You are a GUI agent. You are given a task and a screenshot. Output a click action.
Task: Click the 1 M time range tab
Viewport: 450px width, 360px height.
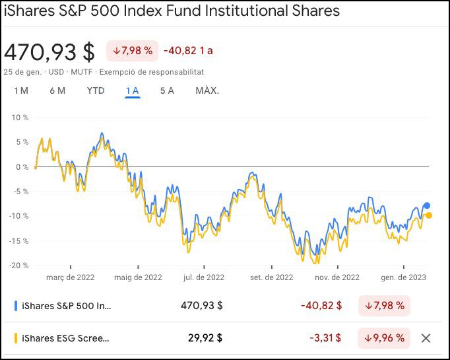click(21, 90)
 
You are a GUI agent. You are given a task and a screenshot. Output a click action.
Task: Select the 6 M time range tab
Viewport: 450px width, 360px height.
click(57, 90)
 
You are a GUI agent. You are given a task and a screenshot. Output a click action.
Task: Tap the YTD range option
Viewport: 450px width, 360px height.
click(96, 90)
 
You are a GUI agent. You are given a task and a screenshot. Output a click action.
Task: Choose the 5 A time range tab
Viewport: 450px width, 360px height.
click(167, 90)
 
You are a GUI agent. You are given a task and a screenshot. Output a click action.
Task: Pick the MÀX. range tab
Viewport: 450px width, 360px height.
click(207, 90)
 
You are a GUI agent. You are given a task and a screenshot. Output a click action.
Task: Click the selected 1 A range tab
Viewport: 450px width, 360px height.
click(132, 90)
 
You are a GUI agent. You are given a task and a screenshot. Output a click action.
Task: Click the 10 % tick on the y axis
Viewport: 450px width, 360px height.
click(20, 118)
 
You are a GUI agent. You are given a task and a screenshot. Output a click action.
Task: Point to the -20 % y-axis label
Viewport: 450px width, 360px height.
click(19, 266)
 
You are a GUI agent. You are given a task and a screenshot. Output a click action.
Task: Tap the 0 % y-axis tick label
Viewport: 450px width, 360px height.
click(22, 166)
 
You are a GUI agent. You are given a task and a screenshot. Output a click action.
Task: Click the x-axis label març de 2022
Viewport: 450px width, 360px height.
click(71, 278)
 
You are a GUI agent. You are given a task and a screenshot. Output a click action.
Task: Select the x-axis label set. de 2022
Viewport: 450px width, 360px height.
click(271, 278)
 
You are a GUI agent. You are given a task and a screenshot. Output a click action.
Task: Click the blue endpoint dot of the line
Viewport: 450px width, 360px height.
click(427, 205)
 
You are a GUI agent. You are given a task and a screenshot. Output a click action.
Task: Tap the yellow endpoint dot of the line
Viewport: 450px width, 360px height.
click(428, 215)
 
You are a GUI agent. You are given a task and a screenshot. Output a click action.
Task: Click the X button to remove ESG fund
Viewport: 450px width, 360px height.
click(426, 338)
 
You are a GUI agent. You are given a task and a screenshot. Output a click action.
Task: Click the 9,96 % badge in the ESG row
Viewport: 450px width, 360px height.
click(384, 338)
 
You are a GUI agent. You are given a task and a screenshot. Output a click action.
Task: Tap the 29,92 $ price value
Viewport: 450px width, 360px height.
click(205, 338)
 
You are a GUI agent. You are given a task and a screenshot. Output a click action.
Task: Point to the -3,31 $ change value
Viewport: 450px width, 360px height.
click(326, 338)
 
